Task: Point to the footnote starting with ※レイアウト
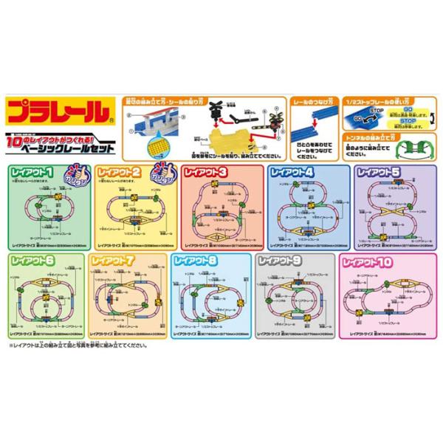pos(78,345)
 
